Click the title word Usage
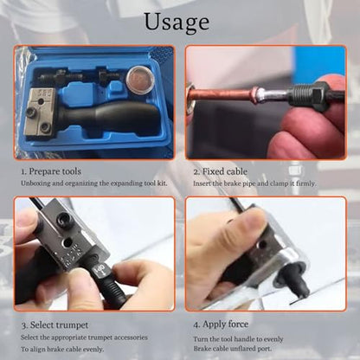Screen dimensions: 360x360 177,22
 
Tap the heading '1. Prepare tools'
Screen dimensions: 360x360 51,171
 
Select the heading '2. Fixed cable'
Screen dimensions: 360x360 221,171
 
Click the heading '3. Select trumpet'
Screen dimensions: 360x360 55,325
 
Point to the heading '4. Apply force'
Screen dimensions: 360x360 221,325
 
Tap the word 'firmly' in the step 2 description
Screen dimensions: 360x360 305,183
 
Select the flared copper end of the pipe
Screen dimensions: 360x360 254,94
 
